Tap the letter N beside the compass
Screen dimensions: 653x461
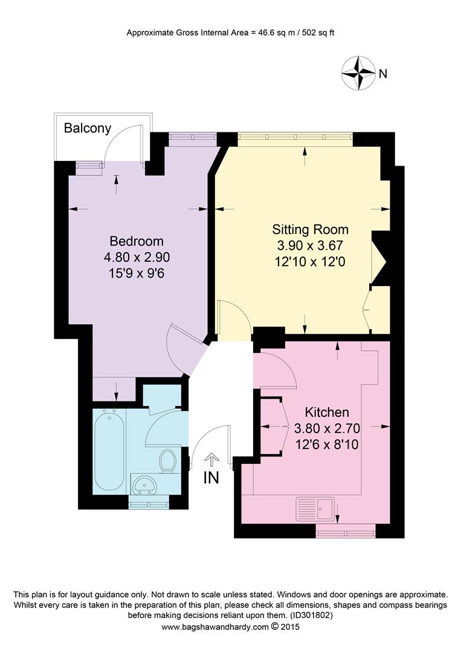382,74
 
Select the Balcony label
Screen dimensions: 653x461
88,128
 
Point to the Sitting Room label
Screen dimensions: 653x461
310,229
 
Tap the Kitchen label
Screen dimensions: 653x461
326,412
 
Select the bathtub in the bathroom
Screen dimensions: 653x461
110,450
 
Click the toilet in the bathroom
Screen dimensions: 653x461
167,461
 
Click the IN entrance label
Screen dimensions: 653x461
211,478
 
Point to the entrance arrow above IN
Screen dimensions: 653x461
211,460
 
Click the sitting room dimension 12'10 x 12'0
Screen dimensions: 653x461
310,262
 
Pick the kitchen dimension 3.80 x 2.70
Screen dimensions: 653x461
326,429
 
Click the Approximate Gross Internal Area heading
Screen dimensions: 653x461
230,33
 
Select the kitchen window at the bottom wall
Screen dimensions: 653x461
345,531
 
